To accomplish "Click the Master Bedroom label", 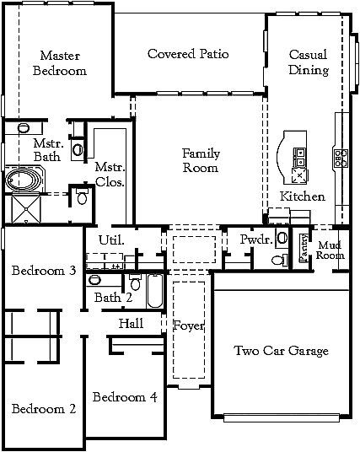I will pos(59,64).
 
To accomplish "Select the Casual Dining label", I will pos(309,62).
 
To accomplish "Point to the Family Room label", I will pos(201,160).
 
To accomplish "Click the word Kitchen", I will pos(302,196).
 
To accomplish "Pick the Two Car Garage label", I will pos(281,351).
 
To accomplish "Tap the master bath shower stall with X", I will pos(24,207).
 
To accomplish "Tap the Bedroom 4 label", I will pos(124,397).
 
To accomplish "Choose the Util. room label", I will pos(111,240).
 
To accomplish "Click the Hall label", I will pos(131,323).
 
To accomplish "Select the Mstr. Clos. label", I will pos(110,173).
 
